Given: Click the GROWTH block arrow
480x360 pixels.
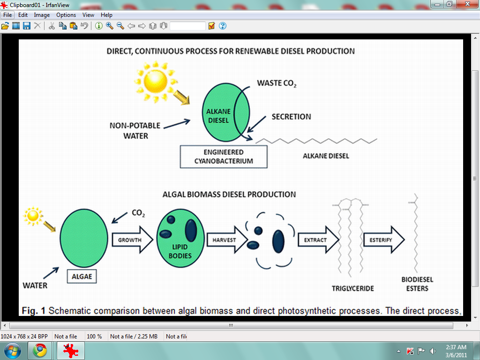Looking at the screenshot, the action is (132, 240).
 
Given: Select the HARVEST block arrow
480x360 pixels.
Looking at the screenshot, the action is (227, 240).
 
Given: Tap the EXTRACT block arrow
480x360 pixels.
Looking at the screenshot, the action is (318, 240).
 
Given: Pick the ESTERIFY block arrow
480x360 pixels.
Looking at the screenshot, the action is (384, 240).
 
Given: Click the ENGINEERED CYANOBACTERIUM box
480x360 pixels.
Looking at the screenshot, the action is (224, 157).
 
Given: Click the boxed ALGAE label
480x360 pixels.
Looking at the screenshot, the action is (82, 277).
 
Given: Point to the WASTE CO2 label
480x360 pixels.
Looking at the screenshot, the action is (277, 83).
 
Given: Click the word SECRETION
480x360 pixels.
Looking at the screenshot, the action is (291, 117).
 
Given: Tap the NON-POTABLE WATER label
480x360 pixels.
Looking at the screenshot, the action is (135, 131).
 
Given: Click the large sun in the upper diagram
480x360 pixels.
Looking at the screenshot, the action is (156, 82).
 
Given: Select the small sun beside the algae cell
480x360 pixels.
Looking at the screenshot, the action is (33, 216).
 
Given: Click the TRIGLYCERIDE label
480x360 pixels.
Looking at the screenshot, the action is (352, 288).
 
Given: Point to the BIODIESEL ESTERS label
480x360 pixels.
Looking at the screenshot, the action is (417, 284).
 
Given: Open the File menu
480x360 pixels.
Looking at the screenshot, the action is (7, 15).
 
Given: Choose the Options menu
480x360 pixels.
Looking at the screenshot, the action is (66, 15).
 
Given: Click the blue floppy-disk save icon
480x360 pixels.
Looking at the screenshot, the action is (27, 26).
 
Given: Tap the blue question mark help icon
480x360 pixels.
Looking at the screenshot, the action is (223, 26).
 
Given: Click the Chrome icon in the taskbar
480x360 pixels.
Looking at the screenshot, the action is (40, 351).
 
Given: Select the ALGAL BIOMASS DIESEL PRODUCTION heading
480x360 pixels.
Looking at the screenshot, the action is (229, 195).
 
